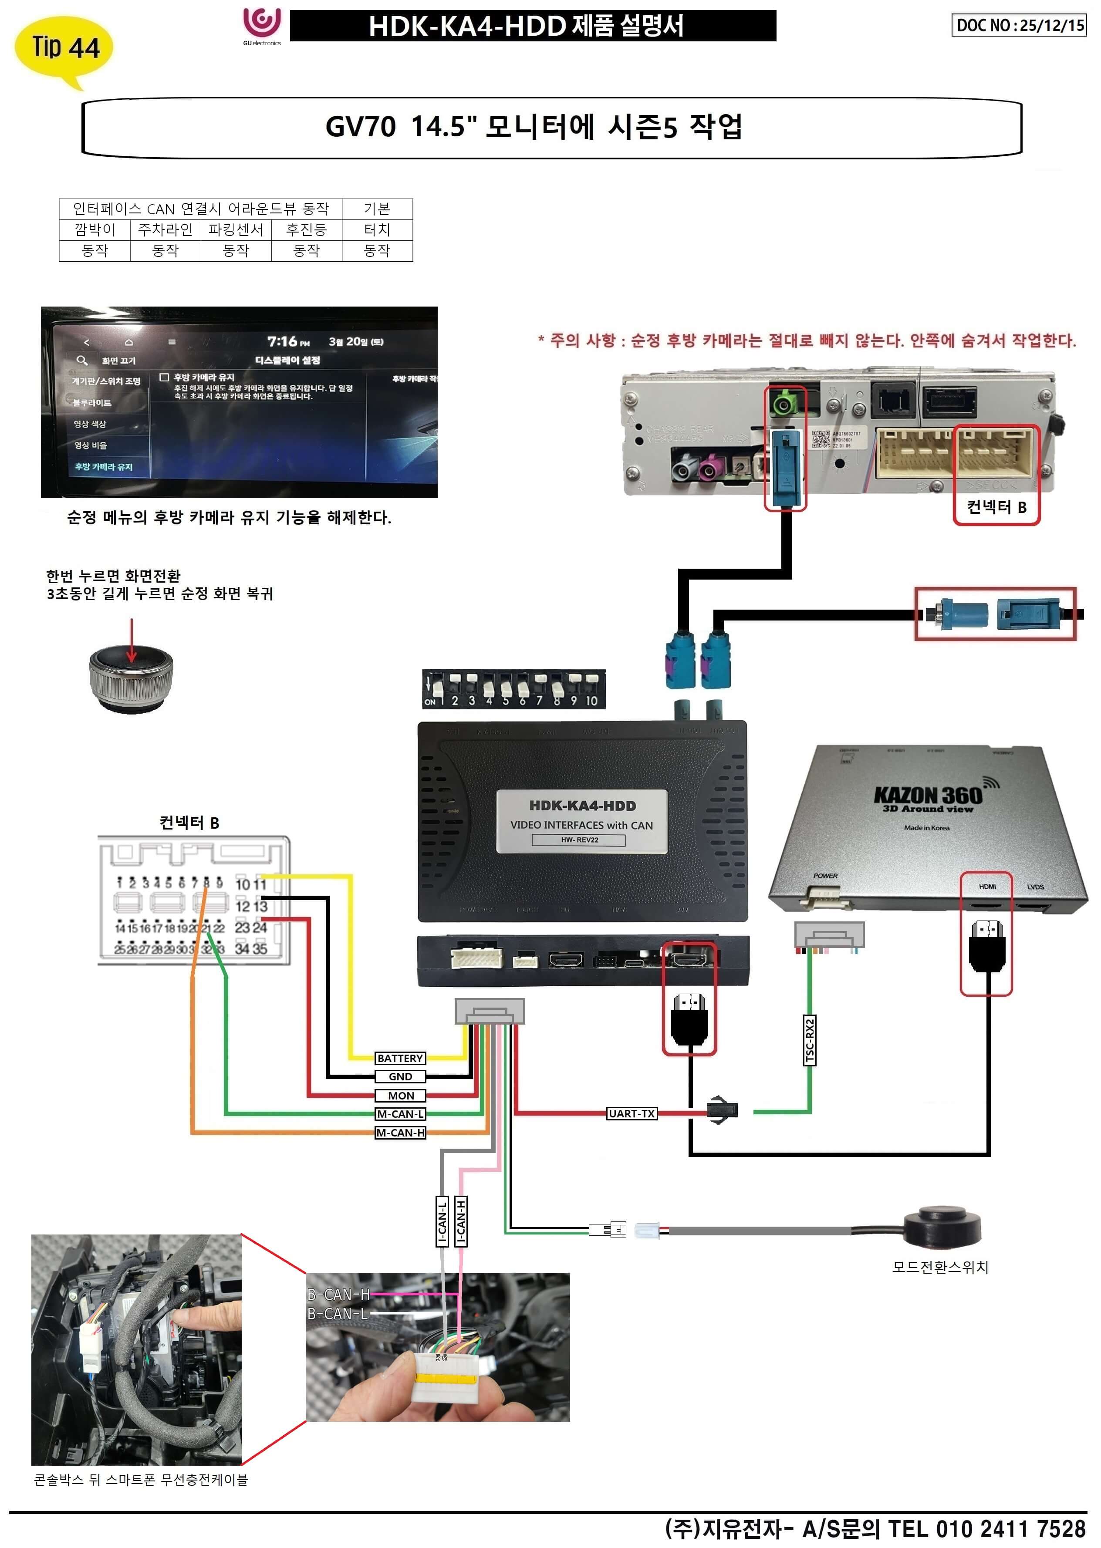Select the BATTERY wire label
tap(400, 1058)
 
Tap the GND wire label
tap(400, 1076)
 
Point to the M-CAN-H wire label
tap(400, 1133)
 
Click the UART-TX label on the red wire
tap(631, 1113)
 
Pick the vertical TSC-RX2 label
tap(810, 1040)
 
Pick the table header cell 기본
tap(377, 209)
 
